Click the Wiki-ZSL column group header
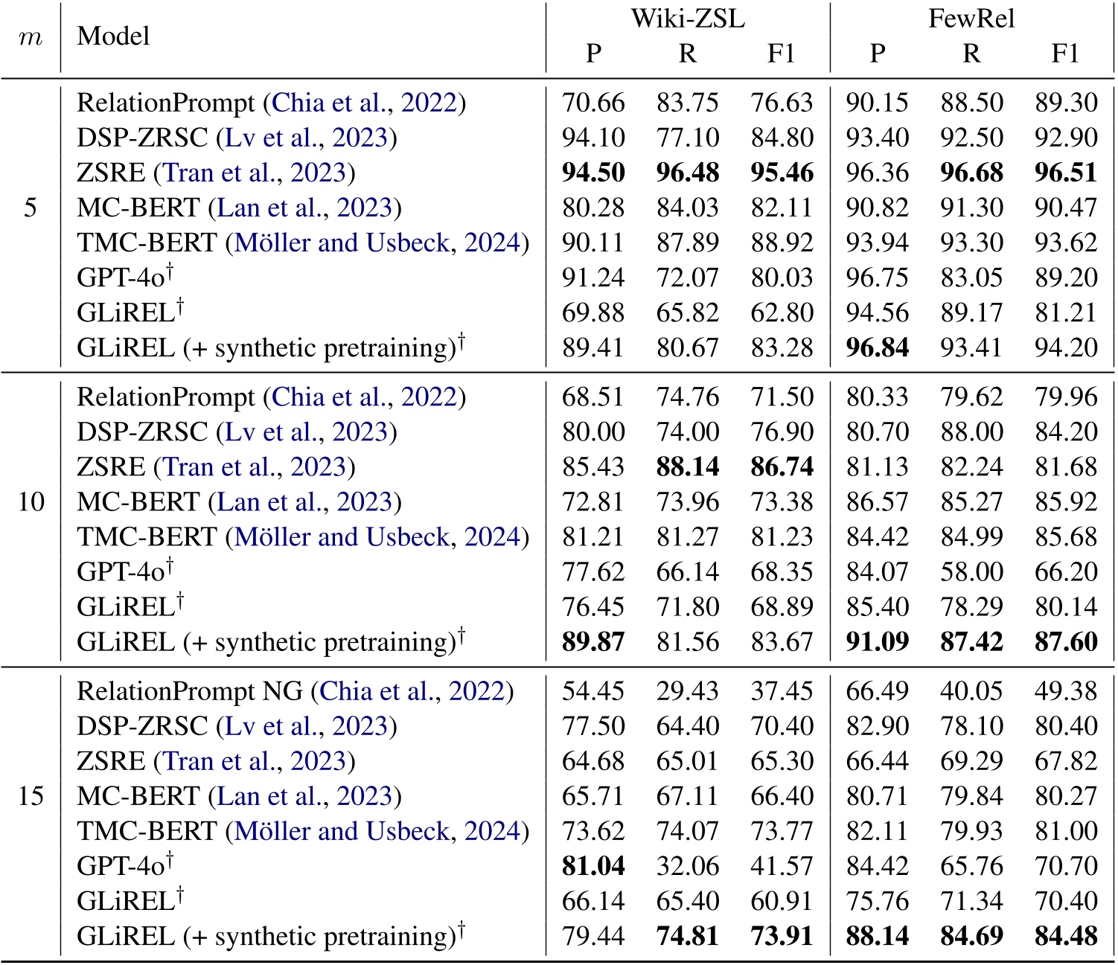pos(688,19)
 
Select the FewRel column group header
pos(971,19)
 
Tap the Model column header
pos(113,36)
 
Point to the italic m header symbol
pos(30,36)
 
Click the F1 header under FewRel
pos(1065,54)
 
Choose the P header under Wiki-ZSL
pos(593,54)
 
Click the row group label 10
pos(31,501)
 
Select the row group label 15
pos(31,796)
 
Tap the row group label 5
pos(31,208)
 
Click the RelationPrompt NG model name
pos(190,691)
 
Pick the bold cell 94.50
pos(593,173)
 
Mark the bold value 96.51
pos(1066,173)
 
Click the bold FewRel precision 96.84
pos(878,347)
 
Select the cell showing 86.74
pos(782,467)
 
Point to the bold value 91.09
pos(878,641)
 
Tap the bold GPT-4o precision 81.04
pos(593,866)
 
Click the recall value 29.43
pos(688,691)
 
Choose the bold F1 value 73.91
pos(782,936)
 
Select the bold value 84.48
pos(1066,936)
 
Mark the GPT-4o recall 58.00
pos(971,571)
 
